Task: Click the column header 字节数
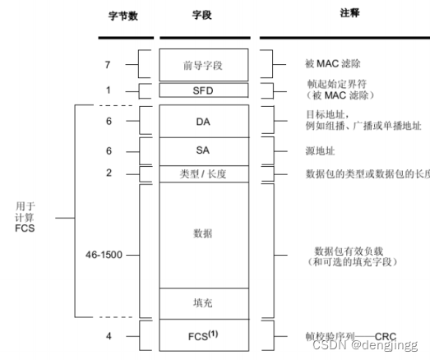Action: [124, 16]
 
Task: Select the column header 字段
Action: [205, 16]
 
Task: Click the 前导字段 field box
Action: [205, 64]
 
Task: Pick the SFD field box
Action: [205, 90]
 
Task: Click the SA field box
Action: [205, 151]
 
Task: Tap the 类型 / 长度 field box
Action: [205, 174]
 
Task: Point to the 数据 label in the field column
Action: [205, 233]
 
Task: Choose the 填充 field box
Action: [205, 302]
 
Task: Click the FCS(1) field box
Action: [205, 335]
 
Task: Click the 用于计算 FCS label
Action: [27, 218]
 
